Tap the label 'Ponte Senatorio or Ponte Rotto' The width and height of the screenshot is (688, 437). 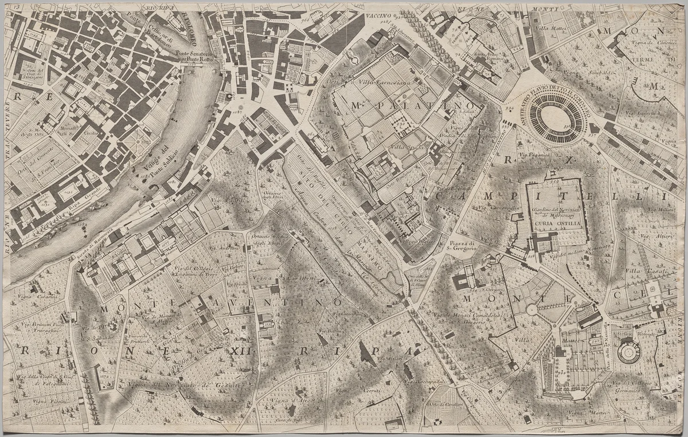pos(197,58)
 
